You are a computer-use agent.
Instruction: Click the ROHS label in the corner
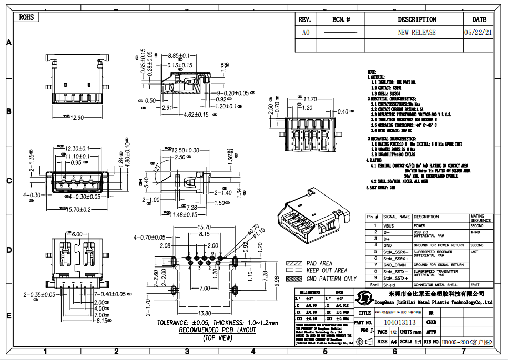click(26, 17)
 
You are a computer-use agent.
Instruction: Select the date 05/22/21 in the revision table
click(478, 32)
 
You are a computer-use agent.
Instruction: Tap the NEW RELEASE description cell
click(416, 32)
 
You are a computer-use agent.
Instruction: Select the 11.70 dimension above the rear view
click(310, 99)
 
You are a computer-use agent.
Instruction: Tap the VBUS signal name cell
click(389, 225)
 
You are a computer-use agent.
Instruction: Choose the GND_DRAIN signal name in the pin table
click(395, 265)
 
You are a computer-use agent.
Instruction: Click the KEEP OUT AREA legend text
click(326, 271)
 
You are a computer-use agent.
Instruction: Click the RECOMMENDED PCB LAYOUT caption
click(217, 330)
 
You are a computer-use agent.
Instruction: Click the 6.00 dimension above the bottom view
click(77, 234)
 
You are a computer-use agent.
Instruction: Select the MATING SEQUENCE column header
click(481, 218)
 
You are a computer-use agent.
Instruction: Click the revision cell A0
click(306, 32)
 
